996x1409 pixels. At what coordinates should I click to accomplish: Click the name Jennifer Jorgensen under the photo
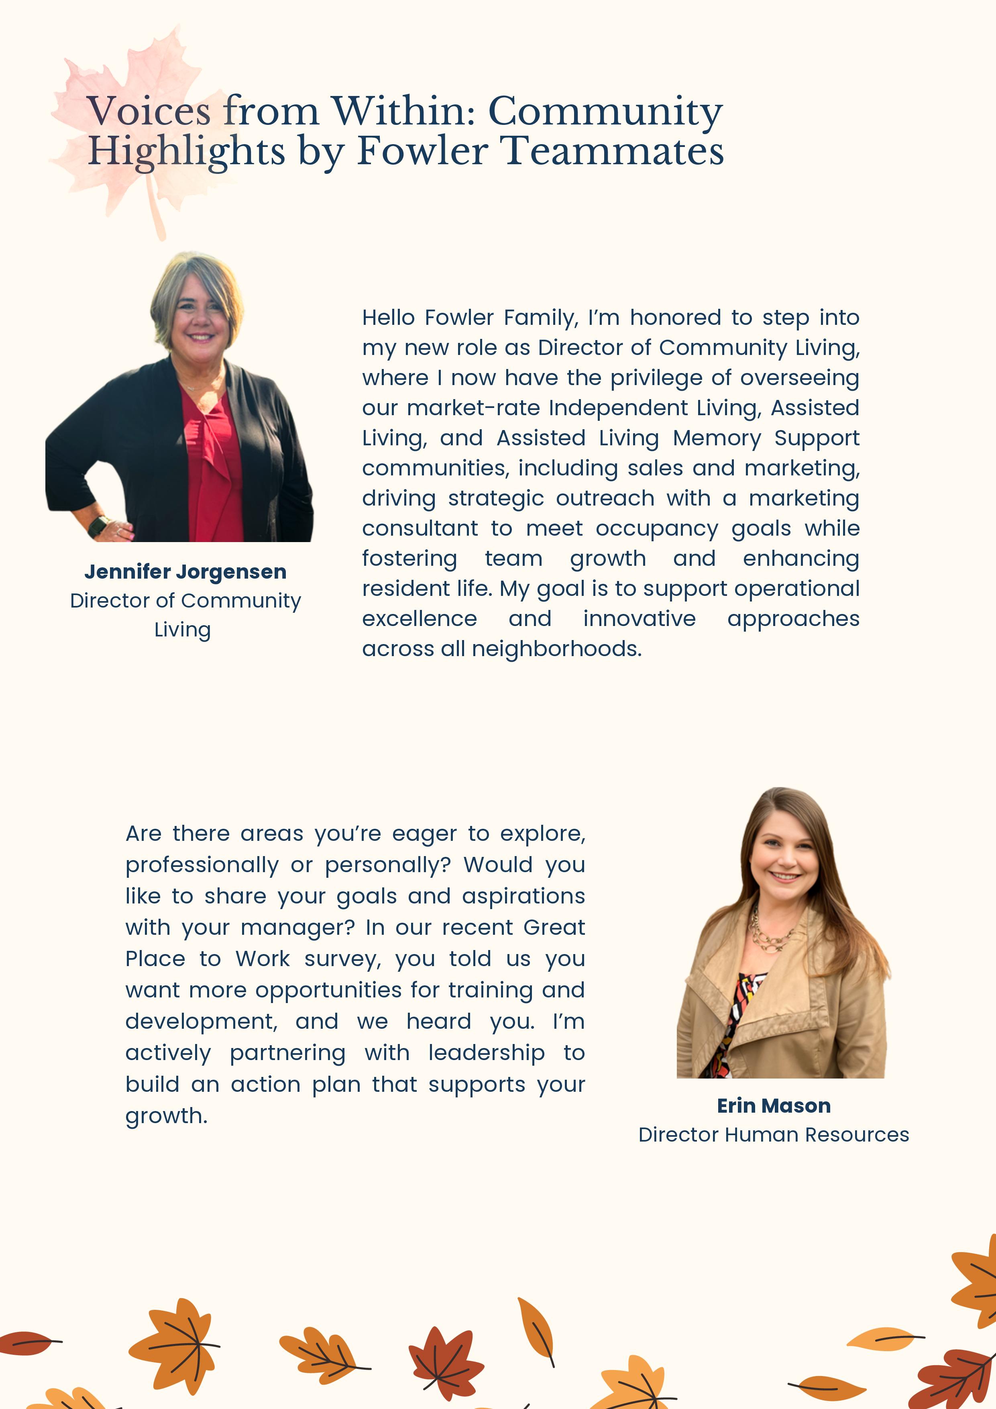(x=185, y=571)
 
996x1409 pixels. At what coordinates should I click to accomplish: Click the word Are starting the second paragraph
(x=143, y=834)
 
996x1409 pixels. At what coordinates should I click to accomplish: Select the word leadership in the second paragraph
(x=486, y=1053)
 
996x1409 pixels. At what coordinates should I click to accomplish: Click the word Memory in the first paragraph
(x=717, y=438)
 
